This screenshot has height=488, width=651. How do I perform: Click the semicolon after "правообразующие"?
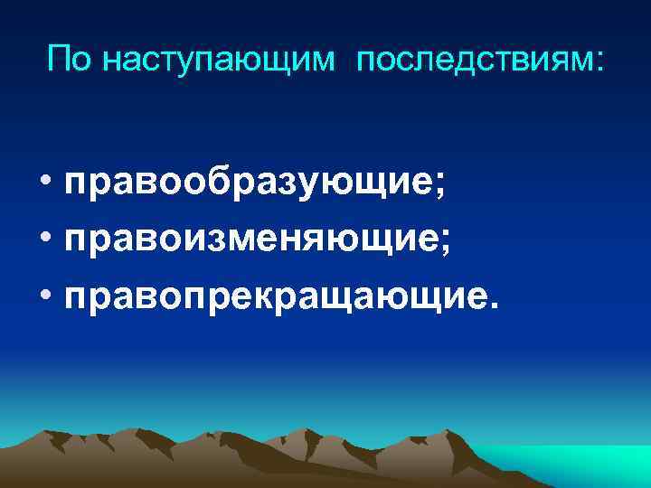coord(439,192)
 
